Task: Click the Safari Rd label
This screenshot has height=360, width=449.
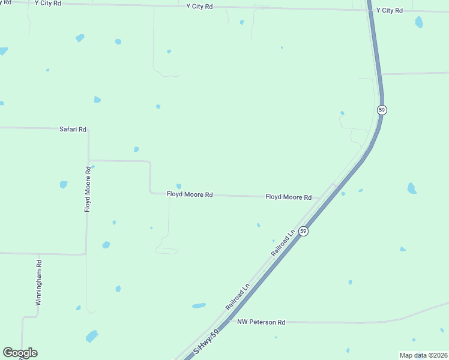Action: click(73, 129)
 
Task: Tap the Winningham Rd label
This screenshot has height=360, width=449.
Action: click(38, 283)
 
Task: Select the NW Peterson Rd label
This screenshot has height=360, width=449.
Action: click(261, 322)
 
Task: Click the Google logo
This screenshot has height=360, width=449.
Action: click(20, 353)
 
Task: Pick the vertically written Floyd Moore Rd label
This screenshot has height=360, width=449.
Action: click(88, 189)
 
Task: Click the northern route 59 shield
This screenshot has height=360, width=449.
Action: click(382, 110)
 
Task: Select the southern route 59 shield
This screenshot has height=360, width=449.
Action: click(304, 231)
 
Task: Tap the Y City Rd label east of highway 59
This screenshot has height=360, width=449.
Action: click(389, 10)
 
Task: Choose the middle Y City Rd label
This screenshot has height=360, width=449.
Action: click(199, 7)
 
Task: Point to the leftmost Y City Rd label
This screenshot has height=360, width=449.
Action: click(48, 3)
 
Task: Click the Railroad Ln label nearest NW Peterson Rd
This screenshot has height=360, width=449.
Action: click(238, 296)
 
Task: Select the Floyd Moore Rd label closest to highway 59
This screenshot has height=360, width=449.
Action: click(288, 197)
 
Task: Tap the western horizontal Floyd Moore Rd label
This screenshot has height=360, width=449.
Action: click(190, 194)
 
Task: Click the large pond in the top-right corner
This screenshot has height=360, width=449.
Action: click(418, 22)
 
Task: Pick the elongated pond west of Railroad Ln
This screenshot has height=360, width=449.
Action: click(199, 306)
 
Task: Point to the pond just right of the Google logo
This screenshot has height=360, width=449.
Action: click(92, 336)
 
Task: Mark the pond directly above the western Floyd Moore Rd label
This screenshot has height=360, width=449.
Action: click(178, 186)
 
